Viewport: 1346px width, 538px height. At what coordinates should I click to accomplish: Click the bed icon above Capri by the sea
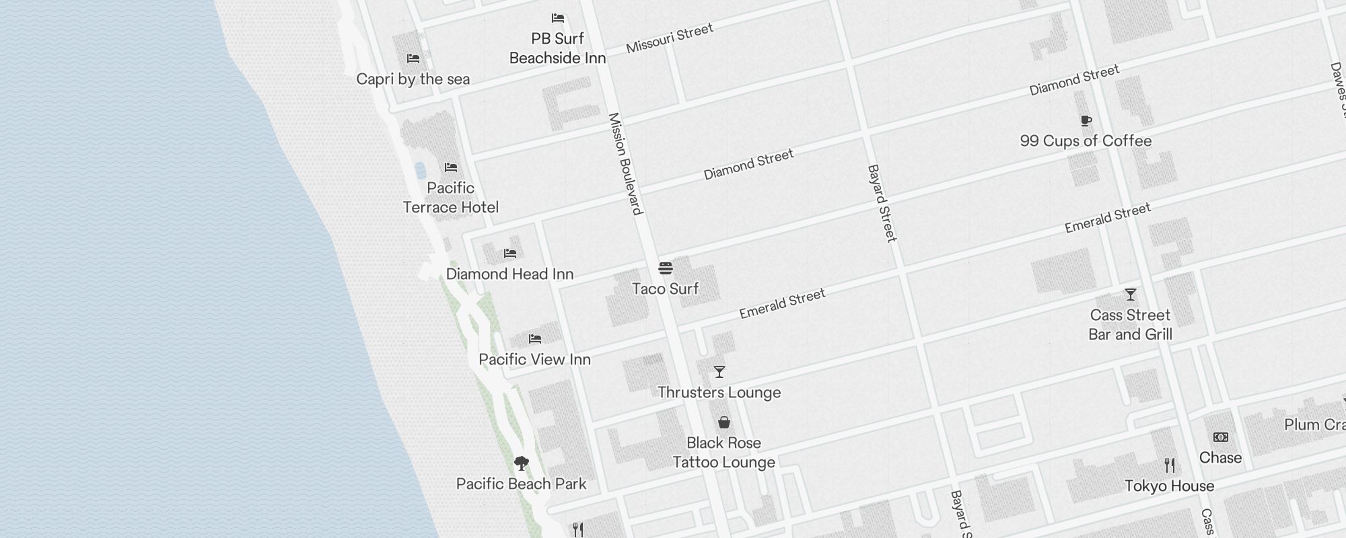(413, 59)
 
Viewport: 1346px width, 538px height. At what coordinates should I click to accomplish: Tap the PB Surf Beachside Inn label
(557, 48)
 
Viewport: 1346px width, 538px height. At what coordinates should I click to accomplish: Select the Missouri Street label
(669, 38)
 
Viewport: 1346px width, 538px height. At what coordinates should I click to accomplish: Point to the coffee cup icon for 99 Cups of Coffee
(1086, 121)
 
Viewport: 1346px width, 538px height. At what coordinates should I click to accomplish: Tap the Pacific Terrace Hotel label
(450, 198)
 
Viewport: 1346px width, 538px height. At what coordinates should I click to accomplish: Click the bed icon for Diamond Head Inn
(510, 254)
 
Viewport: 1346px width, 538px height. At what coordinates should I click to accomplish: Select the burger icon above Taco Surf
(666, 268)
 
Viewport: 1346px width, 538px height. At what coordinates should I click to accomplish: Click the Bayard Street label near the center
(882, 203)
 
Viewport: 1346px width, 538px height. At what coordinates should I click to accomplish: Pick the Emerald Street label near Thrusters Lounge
(782, 304)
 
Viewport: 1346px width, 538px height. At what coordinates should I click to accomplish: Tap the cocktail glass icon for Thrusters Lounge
(719, 372)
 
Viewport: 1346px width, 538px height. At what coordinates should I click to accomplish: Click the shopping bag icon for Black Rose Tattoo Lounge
(723, 422)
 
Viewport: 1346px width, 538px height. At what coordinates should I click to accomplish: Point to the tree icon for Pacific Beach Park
(521, 463)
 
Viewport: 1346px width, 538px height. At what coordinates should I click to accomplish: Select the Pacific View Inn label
(534, 359)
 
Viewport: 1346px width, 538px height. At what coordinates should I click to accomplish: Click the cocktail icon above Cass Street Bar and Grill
(1130, 295)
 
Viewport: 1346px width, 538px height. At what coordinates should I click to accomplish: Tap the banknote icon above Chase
(1220, 437)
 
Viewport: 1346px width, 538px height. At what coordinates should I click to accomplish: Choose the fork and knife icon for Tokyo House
(1169, 465)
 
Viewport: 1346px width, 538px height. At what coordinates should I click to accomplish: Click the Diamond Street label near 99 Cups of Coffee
(1074, 79)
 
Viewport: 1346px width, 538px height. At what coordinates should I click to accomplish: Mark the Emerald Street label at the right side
(1107, 218)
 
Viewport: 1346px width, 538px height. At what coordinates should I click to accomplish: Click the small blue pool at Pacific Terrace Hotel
(420, 169)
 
